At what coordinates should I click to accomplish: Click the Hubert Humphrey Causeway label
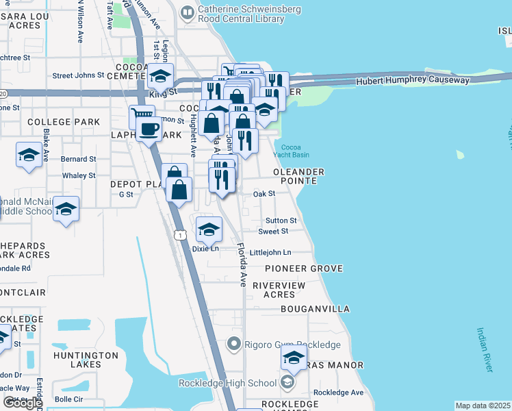413,81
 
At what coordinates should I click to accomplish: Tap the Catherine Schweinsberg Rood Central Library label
240,14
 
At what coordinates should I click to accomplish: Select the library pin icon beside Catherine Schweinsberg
187,12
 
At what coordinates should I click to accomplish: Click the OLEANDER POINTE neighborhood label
298,176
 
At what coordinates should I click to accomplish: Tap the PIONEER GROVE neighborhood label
304,269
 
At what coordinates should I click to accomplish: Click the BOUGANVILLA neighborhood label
315,310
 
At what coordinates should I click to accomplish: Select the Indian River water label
484,351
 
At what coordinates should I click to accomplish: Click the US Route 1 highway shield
179,235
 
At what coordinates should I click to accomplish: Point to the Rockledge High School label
227,382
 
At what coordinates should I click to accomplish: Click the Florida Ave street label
242,264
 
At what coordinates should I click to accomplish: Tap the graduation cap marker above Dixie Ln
209,229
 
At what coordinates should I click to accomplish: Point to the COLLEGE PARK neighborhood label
64,122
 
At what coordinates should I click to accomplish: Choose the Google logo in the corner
22,403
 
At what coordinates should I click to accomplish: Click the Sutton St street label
281,221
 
